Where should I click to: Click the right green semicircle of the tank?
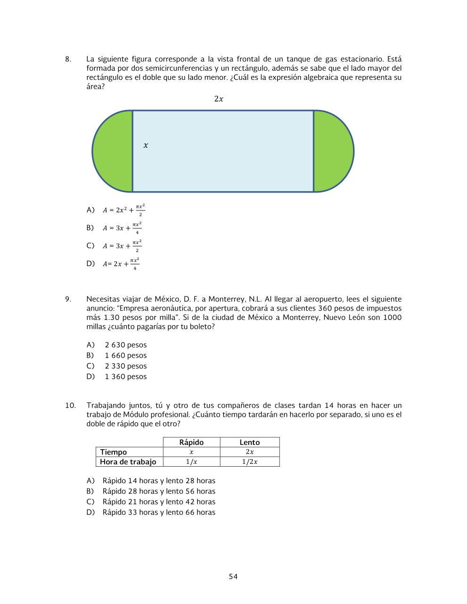333,151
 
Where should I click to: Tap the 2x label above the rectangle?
218,99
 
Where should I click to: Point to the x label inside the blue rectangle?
146,146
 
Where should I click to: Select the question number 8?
68,59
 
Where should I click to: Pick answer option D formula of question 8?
121,264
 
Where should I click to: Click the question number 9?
68,299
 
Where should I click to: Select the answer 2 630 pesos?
125,345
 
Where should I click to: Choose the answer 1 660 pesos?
125,356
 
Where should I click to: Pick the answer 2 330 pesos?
125,366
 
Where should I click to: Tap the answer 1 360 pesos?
125,377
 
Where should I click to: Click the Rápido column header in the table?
192,442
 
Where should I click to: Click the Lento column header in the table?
250,442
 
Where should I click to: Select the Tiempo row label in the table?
113,452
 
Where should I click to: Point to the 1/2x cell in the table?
250,462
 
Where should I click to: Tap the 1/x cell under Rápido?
191,462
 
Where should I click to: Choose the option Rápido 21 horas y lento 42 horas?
158,502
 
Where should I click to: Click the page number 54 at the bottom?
233,577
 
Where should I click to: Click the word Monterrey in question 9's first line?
226,299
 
